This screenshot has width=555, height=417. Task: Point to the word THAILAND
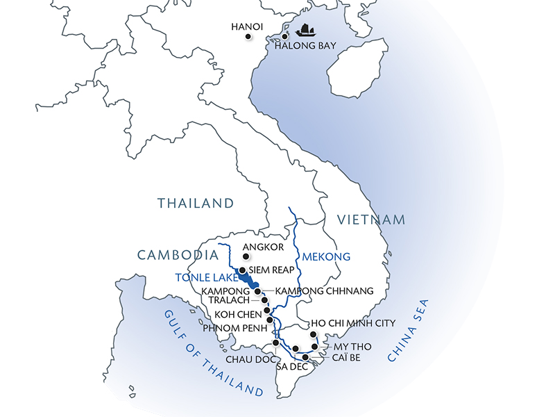[x=195, y=204]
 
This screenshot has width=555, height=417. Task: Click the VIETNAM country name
[x=371, y=220]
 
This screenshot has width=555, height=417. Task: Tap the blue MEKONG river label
[x=327, y=256]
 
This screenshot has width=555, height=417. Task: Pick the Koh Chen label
[x=237, y=313]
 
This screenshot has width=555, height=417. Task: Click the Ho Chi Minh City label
[x=353, y=323]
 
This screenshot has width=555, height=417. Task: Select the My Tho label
[x=351, y=345]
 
